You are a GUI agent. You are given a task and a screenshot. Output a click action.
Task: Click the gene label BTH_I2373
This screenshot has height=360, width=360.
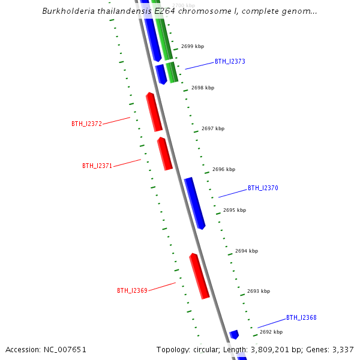click(x=230, y=62)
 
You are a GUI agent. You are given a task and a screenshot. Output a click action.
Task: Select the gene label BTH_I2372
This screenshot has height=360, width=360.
click(x=86, y=124)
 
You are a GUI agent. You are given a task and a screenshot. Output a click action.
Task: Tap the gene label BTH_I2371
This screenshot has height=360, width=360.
click(x=97, y=166)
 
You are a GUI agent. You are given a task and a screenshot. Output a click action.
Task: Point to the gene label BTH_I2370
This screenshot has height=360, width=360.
click(x=263, y=188)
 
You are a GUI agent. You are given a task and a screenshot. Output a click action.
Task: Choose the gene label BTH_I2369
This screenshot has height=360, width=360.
click(x=132, y=291)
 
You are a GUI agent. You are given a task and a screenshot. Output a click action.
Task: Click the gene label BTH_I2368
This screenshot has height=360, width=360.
click(x=301, y=318)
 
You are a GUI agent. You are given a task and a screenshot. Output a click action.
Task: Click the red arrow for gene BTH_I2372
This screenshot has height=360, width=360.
click(x=154, y=112)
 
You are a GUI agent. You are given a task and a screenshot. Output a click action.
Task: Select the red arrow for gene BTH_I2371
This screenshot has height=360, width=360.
click(x=165, y=154)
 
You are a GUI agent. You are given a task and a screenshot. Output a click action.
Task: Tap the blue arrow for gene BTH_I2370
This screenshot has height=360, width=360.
click(x=195, y=203)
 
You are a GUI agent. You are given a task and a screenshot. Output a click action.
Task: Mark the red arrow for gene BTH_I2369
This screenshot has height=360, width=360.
click(x=199, y=276)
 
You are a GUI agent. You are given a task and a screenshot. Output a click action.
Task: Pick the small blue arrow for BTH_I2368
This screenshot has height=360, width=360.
click(x=234, y=334)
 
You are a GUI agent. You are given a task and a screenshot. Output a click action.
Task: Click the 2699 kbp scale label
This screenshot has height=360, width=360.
click(x=192, y=46)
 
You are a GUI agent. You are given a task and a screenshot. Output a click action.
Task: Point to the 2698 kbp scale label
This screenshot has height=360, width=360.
click(x=203, y=88)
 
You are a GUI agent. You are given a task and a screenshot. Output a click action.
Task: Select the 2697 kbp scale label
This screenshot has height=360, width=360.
click(x=213, y=129)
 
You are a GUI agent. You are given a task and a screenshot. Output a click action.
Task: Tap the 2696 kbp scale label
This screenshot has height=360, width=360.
click(x=224, y=170)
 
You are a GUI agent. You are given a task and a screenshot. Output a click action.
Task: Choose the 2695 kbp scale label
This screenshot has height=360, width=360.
click(x=235, y=211)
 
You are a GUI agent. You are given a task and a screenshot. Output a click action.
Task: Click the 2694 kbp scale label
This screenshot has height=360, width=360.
click(x=247, y=251)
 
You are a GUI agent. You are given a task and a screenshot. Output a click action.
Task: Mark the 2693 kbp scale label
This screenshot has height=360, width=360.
click(x=259, y=292)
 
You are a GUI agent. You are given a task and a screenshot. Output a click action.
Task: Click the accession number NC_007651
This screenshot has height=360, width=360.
click(x=63, y=350)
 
